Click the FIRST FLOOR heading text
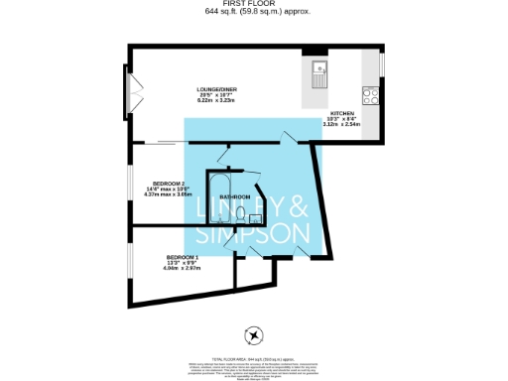point(253,4)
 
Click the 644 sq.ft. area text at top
point(253,13)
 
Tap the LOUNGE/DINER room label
point(215,90)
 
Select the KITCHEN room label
point(343,113)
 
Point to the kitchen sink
point(320,69)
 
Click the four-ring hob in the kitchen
point(372,95)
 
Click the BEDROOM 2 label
point(165,185)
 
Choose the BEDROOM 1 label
point(184,258)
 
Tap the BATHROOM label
point(234,197)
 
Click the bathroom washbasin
point(255,217)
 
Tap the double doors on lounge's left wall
point(128,91)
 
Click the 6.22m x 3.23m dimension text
point(215,101)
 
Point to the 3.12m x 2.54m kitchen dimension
point(343,124)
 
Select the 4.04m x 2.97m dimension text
point(184,268)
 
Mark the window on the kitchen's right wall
point(381,64)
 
